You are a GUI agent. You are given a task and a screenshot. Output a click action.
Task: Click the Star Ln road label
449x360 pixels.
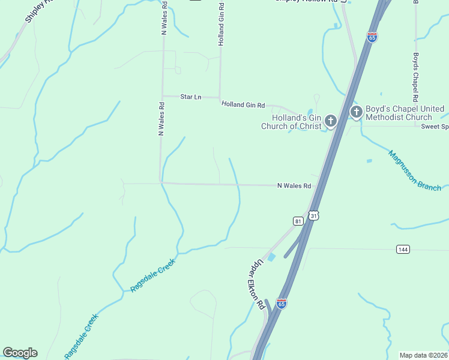click(x=191, y=97)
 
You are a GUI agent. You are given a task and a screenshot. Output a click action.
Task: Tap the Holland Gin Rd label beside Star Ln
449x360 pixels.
click(x=243, y=104)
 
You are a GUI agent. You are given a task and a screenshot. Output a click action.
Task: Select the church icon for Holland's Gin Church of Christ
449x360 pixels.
click(x=330, y=122)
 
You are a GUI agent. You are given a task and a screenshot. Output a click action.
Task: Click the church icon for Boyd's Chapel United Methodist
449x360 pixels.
click(x=356, y=112)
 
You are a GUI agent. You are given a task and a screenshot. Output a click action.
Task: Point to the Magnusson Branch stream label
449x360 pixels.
click(x=414, y=170)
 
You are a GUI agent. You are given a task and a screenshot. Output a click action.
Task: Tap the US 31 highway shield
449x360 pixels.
click(x=313, y=215)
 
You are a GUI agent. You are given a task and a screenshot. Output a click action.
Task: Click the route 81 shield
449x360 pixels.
click(x=298, y=221)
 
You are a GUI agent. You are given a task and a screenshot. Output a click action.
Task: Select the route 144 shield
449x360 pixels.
click(x=403, y=248)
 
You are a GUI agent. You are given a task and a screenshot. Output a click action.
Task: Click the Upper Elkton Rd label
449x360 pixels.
click(x=258, y=284)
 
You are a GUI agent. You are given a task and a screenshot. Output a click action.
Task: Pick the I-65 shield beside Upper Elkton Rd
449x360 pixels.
click(x=282, y=304)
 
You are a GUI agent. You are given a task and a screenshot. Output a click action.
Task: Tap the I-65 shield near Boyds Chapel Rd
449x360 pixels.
click(x=372, y=37)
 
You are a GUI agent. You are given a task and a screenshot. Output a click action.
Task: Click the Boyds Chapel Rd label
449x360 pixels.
click(x=415, y=76)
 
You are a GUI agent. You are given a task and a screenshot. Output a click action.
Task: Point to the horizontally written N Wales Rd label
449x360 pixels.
click(x=294, y=186)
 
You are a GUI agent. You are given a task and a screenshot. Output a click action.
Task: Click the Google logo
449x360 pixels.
click(x=20, y=353)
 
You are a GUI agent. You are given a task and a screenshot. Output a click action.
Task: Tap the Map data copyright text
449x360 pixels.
click(x=424, y=355)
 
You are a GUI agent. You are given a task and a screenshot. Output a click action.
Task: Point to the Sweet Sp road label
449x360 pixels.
click(x=435, y=127)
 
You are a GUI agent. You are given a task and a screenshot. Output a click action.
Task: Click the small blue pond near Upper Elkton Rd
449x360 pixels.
click(x=271, y=257)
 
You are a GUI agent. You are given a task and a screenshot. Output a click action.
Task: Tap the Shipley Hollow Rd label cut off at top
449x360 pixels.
click(x=306, y=1)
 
